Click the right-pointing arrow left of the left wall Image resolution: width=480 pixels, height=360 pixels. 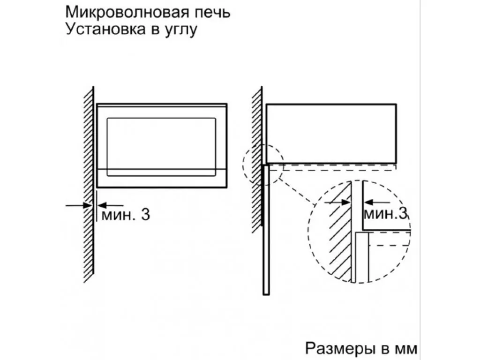pos(79,206)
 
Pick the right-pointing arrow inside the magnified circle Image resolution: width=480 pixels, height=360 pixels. pos(337,202)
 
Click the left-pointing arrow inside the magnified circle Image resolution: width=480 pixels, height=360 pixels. pos(377,202)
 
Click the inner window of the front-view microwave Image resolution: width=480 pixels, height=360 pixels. pos(161,147)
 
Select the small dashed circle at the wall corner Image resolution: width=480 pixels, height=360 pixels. pos(243,165)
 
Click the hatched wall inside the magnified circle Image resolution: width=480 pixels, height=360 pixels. pos(340,232)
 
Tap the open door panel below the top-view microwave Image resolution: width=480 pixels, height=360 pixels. pos(266,230)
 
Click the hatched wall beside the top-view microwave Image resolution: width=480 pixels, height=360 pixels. pos(257,159)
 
